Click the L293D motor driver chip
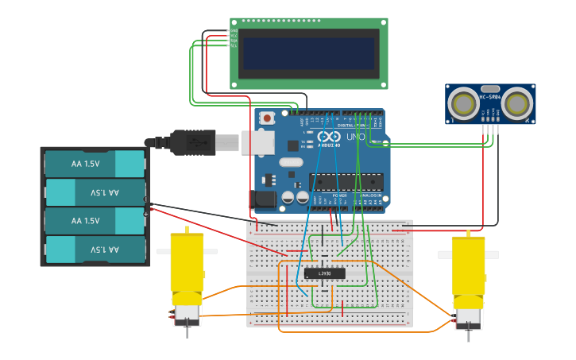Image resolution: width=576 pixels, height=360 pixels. (324, 273)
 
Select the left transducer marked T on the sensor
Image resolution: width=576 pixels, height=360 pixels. (463, 103)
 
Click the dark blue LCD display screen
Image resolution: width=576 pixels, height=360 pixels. (308, 53)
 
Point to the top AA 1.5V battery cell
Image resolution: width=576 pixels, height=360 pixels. (95, 164)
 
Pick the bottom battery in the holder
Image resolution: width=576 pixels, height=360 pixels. (95, 250)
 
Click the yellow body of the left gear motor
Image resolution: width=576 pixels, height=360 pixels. (187, 261)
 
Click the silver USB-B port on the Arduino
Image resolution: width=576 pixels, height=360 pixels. (258, 142)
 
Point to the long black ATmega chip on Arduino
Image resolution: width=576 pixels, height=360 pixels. (346, 182)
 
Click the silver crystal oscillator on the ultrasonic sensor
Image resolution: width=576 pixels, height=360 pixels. (490, 89)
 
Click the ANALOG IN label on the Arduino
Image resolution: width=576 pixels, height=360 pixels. (370, 195)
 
